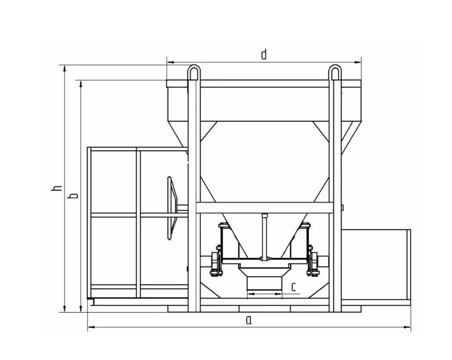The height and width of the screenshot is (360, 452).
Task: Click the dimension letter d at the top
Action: pos(264,54)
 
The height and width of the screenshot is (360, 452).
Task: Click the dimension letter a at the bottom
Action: pos(249,320)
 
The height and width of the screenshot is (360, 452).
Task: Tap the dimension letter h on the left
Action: pos(54,188)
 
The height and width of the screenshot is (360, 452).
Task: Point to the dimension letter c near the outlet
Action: pos(294,287)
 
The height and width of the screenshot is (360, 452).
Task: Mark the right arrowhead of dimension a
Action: pos(409,327)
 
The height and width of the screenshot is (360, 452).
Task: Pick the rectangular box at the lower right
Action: pos(376,265)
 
